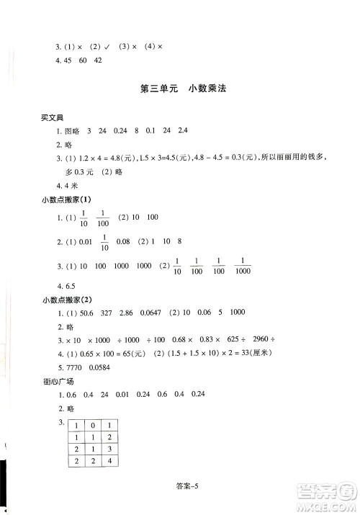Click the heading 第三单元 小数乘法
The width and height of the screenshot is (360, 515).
pos(180,89)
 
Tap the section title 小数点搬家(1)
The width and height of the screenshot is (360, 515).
pos(66,199)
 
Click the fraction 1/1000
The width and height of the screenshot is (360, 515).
pos(243,266)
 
